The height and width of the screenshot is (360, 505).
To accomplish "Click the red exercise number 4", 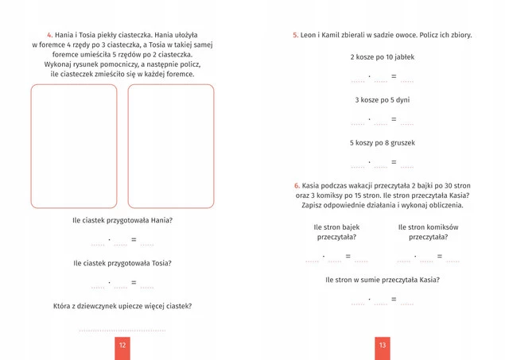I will click(x=49, y=35).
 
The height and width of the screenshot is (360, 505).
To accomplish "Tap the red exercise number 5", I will click(x=295, y=35).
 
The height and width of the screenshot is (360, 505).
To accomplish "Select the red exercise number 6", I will click(x=295, y=185).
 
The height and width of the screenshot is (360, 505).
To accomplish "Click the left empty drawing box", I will click(x=74, y=147).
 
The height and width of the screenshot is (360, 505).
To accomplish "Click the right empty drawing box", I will click(x=171, y=147).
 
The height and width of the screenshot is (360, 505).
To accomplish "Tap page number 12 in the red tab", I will click(x=122, y=346).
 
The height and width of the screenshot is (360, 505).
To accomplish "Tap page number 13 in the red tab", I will click(x=383, y=346).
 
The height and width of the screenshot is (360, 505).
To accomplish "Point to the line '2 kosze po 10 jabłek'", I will click(x=382, y=57).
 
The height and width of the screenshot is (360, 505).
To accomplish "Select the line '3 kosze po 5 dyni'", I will click(x=382, y=100).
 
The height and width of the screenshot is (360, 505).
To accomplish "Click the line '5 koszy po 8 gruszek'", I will click(x=382, y=143).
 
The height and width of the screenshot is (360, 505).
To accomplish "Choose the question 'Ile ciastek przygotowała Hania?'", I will click(x=122, y=220).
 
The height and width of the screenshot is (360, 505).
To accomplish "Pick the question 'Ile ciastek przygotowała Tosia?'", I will click(x=122, y=263).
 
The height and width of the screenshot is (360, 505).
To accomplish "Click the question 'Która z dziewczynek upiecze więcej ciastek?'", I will click(x=122, y=306).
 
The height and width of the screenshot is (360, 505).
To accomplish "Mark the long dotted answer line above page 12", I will click(x=122, y=328).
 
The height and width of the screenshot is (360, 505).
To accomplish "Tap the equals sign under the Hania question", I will click(x=134, y=239).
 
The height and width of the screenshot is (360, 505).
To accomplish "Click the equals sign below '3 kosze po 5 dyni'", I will click(x=393, y=119).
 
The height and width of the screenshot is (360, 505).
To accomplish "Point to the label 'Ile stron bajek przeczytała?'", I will click(x=336, y=231).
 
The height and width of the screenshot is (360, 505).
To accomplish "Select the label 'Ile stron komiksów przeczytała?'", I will click(x=429, y=231).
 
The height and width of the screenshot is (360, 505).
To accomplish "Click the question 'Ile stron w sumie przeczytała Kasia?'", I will click(x=383, y=280).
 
